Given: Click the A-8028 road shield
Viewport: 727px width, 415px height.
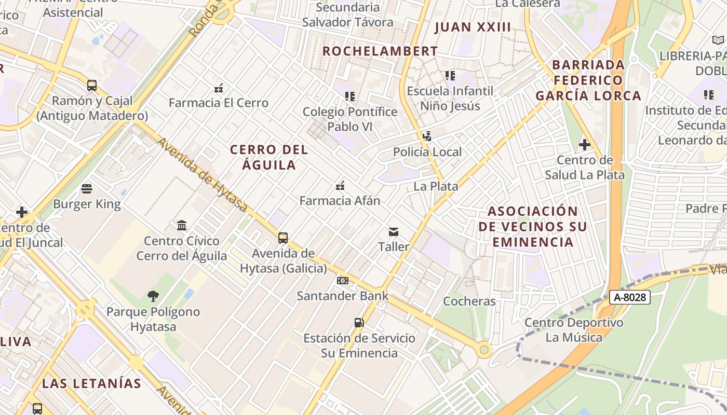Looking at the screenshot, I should (x=629, y=297).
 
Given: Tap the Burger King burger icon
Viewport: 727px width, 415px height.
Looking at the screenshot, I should (x=87, y=188).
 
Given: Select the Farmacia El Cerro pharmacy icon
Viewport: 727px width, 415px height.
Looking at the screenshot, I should (x=219, y=88).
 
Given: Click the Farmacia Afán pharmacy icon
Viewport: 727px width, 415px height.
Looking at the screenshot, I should (x=340, y=185).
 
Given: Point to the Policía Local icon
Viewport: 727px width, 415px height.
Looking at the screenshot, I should (x=427, y=136).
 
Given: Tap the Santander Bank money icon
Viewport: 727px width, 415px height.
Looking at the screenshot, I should (x=342, y=281).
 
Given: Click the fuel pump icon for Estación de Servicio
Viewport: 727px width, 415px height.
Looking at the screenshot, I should (x=359, y=323).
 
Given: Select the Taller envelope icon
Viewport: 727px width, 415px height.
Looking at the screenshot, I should (x=394, y=231).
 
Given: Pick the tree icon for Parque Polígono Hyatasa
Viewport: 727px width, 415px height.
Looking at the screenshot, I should (x=153, y=296).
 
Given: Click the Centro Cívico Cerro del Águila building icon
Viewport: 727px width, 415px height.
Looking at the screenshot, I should (x=182, y=225).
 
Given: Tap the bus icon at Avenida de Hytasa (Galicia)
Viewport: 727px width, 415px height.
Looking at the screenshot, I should (x=283, y=238).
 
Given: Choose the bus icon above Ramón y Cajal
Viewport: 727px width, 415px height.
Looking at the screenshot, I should (x=92, y=86).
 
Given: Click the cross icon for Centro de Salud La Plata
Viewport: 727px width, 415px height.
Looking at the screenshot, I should (x=584, y=145).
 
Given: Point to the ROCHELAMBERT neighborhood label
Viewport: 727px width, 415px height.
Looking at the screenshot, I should (x=380, y=51).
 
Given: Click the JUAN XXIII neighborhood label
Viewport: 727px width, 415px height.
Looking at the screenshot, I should (x=473, y=27).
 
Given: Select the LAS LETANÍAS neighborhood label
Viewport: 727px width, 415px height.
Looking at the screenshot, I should (x=91, y=383).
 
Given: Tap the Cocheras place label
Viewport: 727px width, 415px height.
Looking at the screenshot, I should (x=469, y=301).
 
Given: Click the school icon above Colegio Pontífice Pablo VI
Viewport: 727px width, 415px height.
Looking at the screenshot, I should (x=350, y=96).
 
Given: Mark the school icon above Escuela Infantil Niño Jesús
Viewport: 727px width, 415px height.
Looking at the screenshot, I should (x=450, y=76).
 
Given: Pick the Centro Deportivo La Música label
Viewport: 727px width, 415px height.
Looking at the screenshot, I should (x=574, y=330).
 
